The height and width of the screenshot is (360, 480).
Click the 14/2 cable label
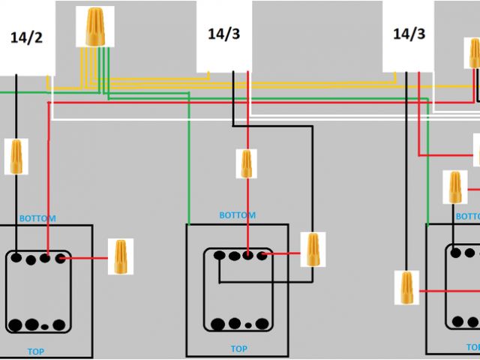[x=27, y=38]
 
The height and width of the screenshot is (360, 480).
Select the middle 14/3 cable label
[x=223, y=34]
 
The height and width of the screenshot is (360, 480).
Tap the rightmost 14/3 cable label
[x=409, y=34]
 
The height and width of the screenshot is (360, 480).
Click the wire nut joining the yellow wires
[x=95, y=26]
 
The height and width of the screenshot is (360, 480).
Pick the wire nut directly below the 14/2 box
[x=16, y=156]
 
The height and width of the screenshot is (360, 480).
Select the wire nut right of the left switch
[x=120, y=256]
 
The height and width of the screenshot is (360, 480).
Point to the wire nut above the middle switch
[x=246, y=164]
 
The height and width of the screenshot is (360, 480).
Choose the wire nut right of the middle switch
[x=312, y=250]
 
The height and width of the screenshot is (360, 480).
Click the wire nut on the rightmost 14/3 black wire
[x=406, y=287]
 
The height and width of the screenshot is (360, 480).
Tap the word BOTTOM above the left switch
[x=38, y=218]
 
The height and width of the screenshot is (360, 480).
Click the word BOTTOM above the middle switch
[x=237, y=215]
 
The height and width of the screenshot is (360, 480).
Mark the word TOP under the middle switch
[x=238, y=349]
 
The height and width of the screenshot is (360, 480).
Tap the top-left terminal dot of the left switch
[x=15, y=259]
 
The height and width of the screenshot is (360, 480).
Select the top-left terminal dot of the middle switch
[x=218, y=256]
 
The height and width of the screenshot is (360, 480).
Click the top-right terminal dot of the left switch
[x=59, y=259]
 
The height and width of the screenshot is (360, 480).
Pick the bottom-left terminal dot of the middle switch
[x=218, y=324]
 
